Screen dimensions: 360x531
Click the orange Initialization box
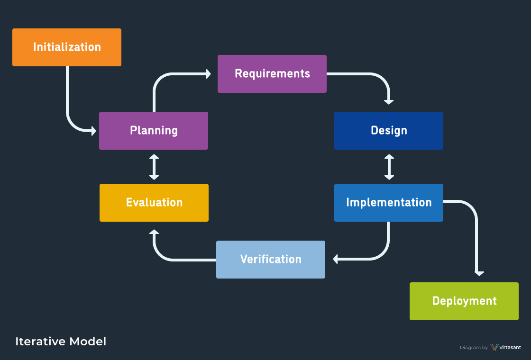tap(67, 47)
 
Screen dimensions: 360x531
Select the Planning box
tap(154, 131)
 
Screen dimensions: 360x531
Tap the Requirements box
tap(272, 74)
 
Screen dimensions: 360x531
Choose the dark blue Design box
tap(389, 131)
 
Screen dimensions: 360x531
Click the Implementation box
tap(389, 203)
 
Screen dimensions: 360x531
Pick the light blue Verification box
tap(271, 260)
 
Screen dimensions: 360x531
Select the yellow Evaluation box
tap(154, 203)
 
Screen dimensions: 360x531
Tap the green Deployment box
tap(464, 301)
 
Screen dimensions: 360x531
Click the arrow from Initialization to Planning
tap(68, 109)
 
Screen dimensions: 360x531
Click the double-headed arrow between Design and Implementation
tap(389, 167)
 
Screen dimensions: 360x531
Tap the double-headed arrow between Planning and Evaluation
tap(154, 167)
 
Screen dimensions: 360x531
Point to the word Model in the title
tap(88, 342)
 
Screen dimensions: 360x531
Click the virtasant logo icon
tap(494, 347)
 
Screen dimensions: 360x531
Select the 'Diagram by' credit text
tap(474, 348)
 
